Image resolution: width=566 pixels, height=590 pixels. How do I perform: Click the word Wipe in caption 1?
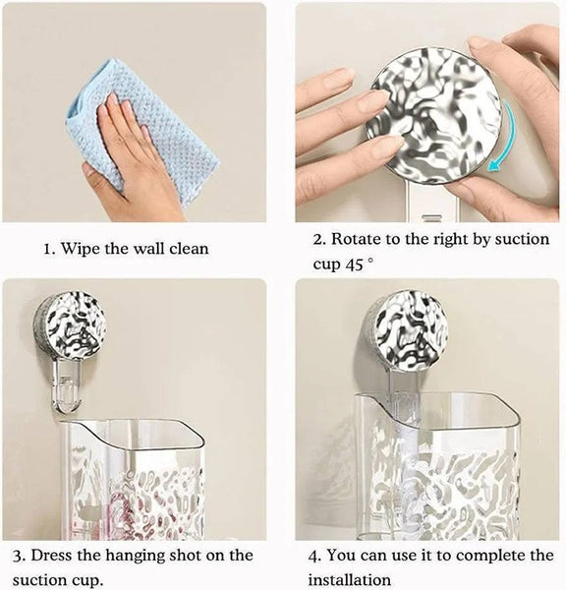(x=85, y=249)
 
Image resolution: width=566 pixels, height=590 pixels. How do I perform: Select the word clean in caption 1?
(x=187, y=249)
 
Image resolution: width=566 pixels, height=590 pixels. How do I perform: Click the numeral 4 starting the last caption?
(x=316, y=556)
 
